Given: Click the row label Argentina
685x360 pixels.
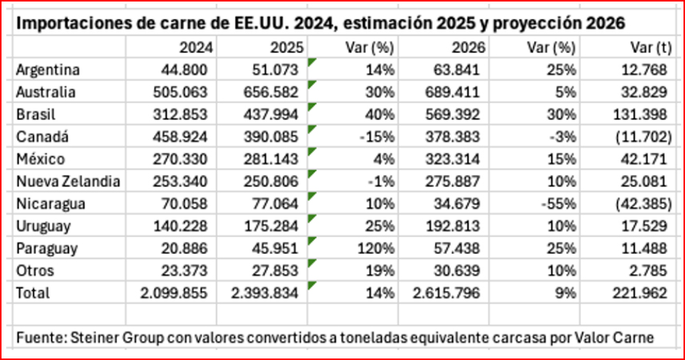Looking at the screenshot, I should [48, 70].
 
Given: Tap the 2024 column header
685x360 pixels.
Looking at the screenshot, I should [196, 48].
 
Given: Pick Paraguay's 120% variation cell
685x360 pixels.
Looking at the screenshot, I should [377, 249].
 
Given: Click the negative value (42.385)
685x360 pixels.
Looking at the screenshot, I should [643, 205].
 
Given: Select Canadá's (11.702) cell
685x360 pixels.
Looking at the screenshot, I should [643, 138].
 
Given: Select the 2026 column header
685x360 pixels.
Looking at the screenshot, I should [470, 48].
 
